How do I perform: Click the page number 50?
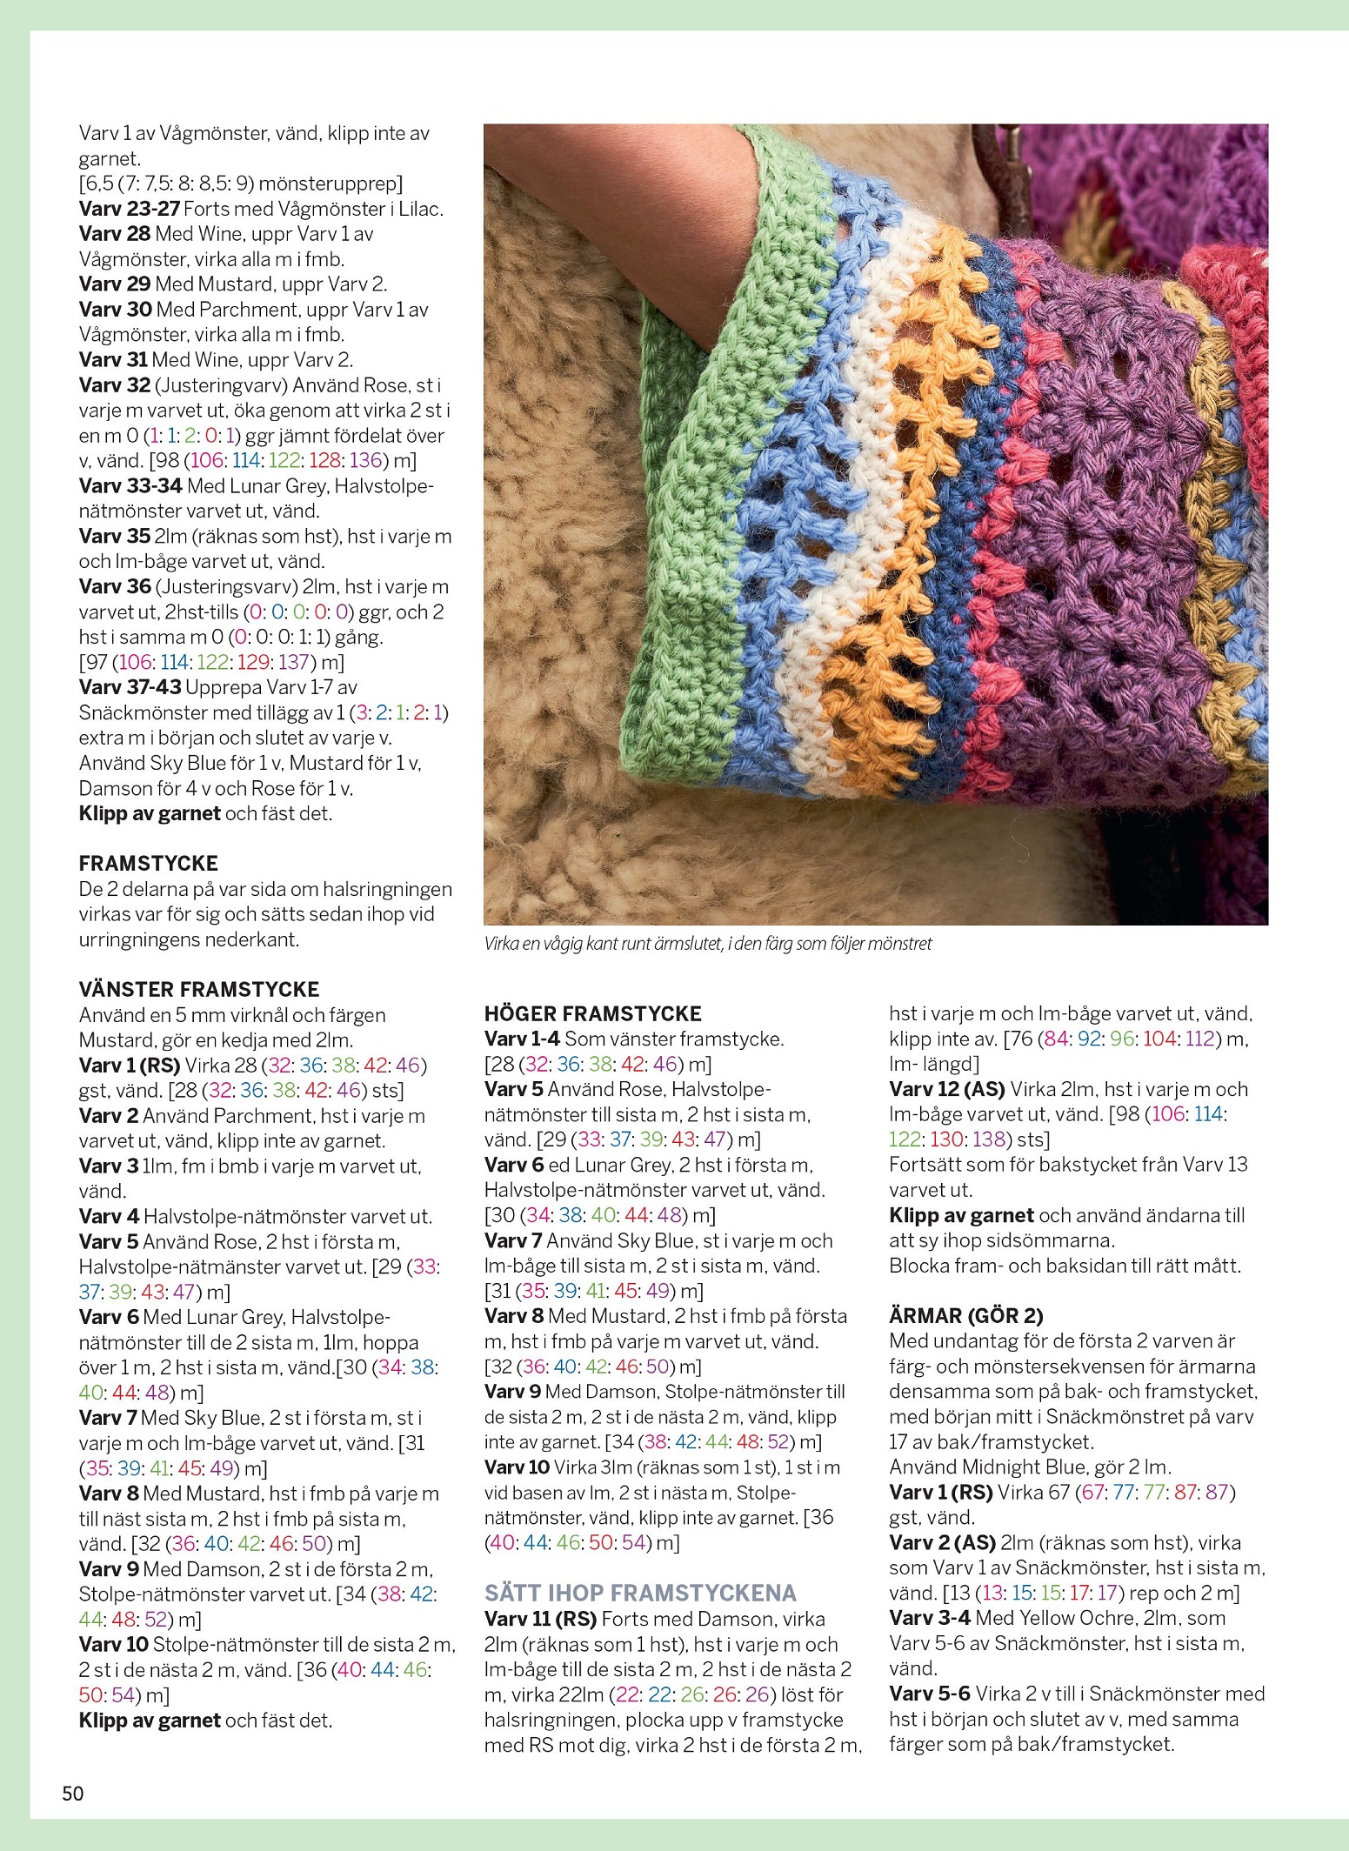click(x=73, y=1793)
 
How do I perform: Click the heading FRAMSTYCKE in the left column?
click(x=148, y=864)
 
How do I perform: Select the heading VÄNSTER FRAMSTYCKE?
click(x=199, y=989)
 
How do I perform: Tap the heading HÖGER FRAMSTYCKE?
click(x=592, y=1013)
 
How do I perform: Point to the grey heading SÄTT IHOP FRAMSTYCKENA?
click(x=640, y=1593)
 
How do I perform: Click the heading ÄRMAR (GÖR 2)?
click(x=965, y=1315)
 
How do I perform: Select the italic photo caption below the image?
click(x=707, y=944)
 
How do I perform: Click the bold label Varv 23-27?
click(x=129, y=209)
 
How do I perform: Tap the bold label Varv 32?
click(x=114, y=385)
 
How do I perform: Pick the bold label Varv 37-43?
click(x=130, y=687)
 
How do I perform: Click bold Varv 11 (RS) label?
click(x=540, y=1619)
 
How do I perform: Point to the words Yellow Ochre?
click(x=1077, y=1618)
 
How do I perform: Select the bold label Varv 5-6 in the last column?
click(x=929, y=1694)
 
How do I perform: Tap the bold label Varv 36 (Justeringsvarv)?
click(x=114, y=586)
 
